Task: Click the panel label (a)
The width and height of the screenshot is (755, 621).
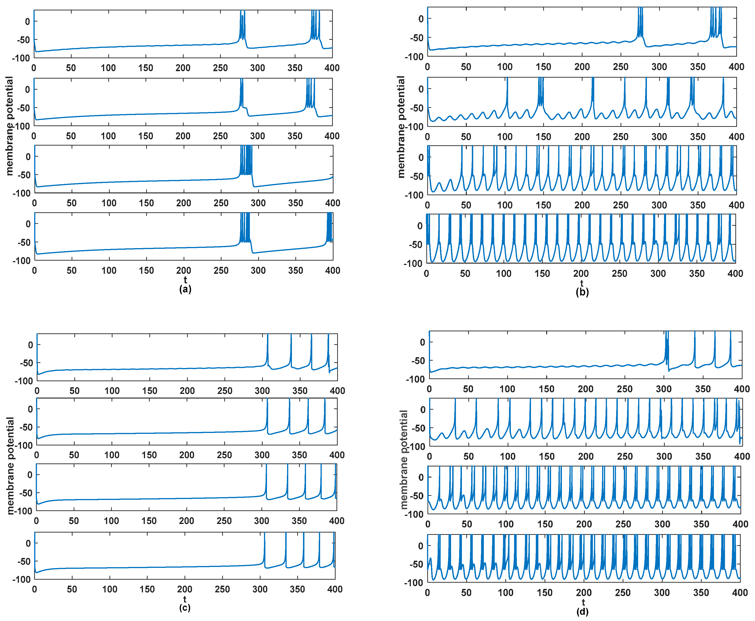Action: point(185,289)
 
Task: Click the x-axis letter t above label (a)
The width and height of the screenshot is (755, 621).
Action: point(185,280)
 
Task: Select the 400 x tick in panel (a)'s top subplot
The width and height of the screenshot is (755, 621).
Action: point(332,68)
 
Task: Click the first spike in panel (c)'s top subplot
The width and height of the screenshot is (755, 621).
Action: point(267,349)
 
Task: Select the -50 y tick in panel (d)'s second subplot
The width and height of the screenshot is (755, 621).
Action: point(418,428)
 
